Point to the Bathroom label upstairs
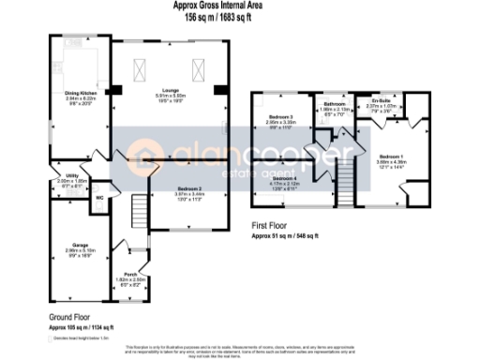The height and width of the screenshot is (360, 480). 334,105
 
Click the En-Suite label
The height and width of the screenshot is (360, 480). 381,102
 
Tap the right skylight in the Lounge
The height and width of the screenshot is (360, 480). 199,68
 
